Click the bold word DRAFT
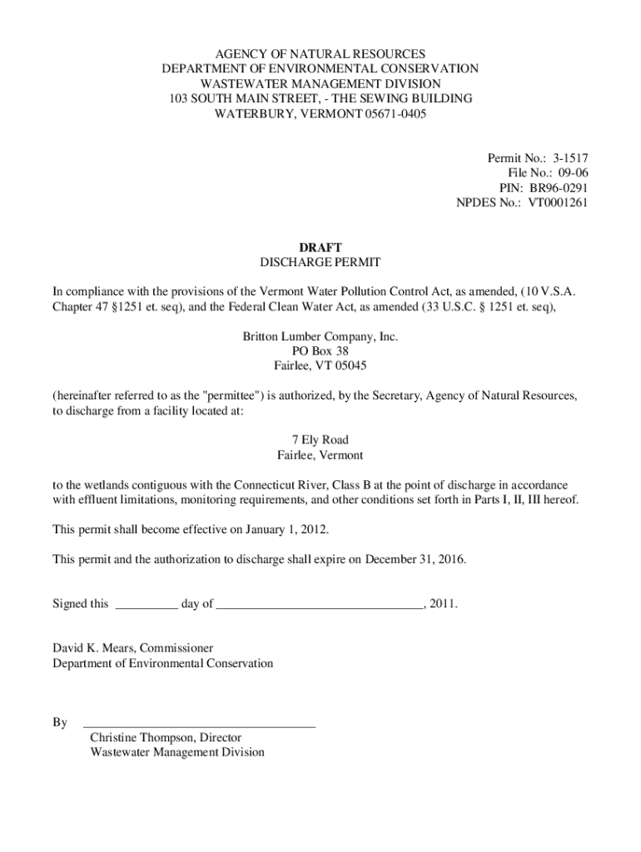pyautogui.click(x=320, y=247)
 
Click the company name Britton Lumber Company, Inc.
pyautogui.click(x=320, y=337)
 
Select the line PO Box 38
pyautogui.click(x=320, y=351)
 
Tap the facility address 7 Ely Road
pyautogui.click(x=320, y=439)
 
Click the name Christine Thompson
pyautogui.click(x=142, y=737)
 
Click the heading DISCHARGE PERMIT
pyautogui.click(x=320, y=262)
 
